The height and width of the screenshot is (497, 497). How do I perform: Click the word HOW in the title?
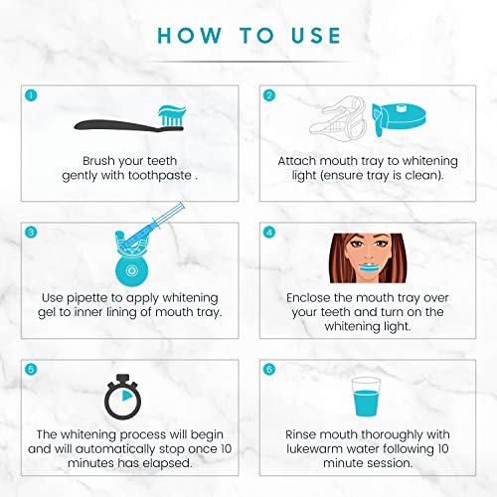click(189, 36)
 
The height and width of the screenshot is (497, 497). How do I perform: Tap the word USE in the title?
click(316, 36)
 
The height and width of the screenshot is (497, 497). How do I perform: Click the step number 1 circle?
click(31, 95)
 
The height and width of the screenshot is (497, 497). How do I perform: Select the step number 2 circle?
click(269, 95)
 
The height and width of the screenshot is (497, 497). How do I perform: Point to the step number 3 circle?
click(31, 233)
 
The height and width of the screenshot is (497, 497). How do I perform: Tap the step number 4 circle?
click(269, 233)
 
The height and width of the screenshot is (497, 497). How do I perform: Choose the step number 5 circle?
click(31, 369)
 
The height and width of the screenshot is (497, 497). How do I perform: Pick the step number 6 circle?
click(269, 369)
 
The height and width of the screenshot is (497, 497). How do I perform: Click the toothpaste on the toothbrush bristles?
click(172, 110)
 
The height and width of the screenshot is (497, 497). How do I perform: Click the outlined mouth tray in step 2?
click(338, 119)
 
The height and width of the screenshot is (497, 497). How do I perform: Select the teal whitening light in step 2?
click(399, 118)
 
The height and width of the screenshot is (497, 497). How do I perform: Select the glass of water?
click(366, 397)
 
